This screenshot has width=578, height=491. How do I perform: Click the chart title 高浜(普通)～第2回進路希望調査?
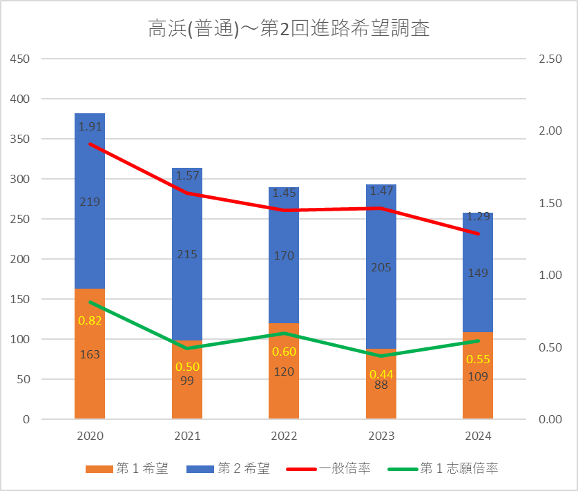[x=289, y=29]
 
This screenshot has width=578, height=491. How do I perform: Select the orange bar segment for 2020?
[x=90, y=387]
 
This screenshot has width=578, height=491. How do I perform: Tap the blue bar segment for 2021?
[x=187, y=290]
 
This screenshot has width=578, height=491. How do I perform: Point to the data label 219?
[x=90, y=202]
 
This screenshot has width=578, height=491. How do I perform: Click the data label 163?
[x=90, y=354]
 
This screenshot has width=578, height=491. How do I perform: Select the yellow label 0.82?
[x=90, y=320]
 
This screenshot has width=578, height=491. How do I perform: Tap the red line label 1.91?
[x=90, y=127]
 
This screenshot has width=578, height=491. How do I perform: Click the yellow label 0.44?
[x=381, y=374]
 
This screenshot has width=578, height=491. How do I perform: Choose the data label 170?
[x=284, y=256]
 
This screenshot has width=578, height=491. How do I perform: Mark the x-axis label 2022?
[x=284, y=436]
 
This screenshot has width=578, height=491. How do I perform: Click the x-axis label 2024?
[x=478, y=436]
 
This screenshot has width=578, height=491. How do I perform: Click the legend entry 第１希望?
[x=128, y=469]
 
